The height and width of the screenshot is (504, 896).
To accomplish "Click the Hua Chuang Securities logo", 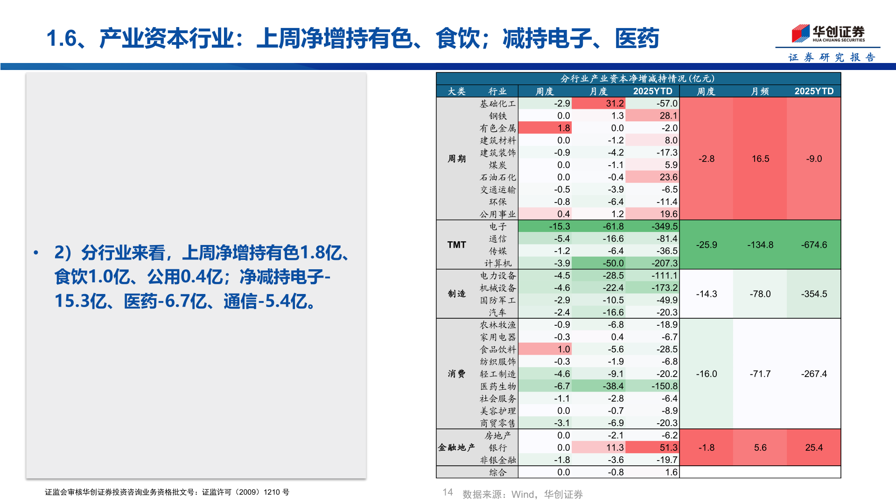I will (x=828, y=34).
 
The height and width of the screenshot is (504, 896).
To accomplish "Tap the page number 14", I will (x=448, y=492).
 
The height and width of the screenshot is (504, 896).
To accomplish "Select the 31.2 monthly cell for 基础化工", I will (x=599, y=103).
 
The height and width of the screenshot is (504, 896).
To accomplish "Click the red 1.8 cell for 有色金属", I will (x=545, y=128).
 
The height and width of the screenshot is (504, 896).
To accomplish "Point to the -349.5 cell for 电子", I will (x=652, y=226).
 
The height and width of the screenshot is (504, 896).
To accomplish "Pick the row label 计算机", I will (x=498, y=263).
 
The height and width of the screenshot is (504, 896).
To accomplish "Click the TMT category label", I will (x=456, y=245).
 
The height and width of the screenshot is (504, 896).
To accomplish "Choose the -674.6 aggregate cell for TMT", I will (x=814, y=245).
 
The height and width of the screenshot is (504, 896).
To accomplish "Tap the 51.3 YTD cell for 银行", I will (x=652, y=448).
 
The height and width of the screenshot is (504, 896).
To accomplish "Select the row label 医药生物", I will (x=498, y=386).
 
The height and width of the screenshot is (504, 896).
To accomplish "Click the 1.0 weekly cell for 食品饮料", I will (x=545, y=349).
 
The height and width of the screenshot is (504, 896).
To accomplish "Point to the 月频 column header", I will (x=760, y=91).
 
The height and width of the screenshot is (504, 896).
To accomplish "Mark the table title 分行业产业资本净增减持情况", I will (x=638, y=78).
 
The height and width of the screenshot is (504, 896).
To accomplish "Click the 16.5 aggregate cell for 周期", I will (x=760, y=159).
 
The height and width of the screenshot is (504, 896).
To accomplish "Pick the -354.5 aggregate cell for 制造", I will (x=814, y=294).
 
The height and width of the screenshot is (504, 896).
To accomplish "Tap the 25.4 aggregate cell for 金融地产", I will (x=814, y=448).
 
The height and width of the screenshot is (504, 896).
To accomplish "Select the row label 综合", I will (x=498, y=472).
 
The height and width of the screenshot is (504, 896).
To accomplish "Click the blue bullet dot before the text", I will (x=36, y=253).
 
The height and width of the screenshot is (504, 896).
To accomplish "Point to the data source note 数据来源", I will (x=522, y=494).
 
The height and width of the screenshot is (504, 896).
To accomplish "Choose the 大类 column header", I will (x=456, y=91).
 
